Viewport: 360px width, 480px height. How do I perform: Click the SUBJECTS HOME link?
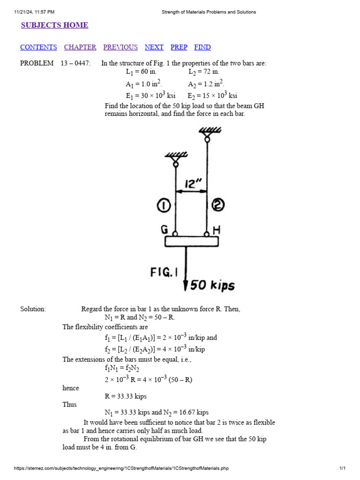[x=54, y=25]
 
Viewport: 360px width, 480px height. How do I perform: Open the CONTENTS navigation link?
[x=38, y=47]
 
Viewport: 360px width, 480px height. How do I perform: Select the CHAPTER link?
[x=80, y=47]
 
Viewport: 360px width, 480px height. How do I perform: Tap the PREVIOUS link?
[x=120, y=47]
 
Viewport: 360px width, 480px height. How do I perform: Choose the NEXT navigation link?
[x=154, y=47]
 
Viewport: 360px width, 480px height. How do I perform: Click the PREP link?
[x=179, y=47]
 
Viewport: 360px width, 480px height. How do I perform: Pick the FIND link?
[x=202, y=47]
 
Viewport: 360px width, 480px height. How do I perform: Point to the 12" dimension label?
[x=191, y=182]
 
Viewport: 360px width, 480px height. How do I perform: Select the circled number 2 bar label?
[x=218, y=205]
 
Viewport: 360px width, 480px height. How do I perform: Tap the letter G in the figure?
[x=165, y=230]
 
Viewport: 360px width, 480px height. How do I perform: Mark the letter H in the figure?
[x=217, y=230]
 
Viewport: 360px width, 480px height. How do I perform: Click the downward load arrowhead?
[x=186, y=285]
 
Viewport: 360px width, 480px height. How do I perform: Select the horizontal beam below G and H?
[x=191, y=241]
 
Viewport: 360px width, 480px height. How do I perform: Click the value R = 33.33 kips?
[x=126, y=396]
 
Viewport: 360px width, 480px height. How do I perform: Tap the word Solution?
[x=33, y=309]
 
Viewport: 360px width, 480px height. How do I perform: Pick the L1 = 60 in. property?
[x=141, y=72]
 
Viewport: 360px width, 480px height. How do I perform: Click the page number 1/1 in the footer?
[x=342, y=468]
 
